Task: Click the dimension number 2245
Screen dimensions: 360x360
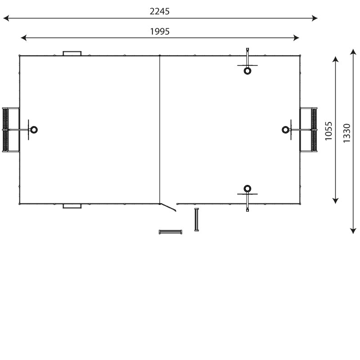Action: click(160, 11)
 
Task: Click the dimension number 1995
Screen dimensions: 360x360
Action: click(160, 31)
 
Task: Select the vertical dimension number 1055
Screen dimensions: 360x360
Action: click(328, 131)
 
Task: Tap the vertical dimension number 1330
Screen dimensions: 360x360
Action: click(346, 133)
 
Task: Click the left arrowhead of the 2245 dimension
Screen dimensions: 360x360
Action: click(6, 18)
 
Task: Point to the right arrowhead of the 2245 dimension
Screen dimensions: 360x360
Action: click(315, 18)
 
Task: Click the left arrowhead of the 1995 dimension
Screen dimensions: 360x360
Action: click(24, 38)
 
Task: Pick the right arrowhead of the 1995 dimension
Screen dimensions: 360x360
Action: click(296, 38)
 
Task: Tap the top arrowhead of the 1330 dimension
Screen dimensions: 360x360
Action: click(353, 52)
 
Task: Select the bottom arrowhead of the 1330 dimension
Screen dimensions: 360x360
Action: click(353, 231)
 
